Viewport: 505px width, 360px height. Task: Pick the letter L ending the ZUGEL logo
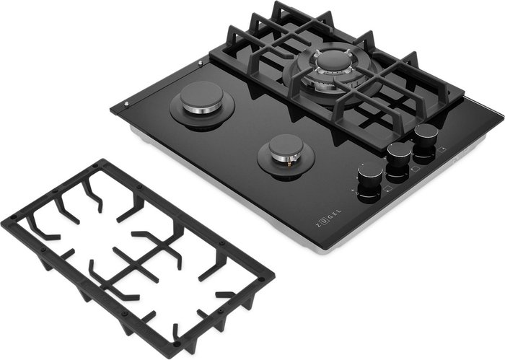click(338, 211)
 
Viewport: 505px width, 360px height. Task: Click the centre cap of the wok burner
click(332, 60)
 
